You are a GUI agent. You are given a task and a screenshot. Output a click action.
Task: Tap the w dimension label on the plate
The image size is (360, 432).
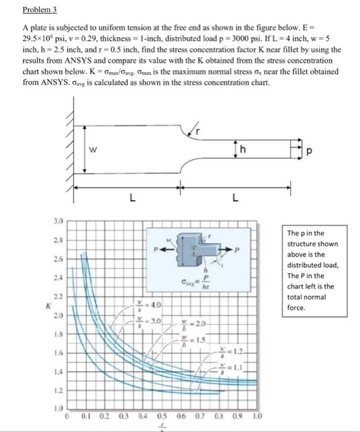[x=93, y=149]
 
